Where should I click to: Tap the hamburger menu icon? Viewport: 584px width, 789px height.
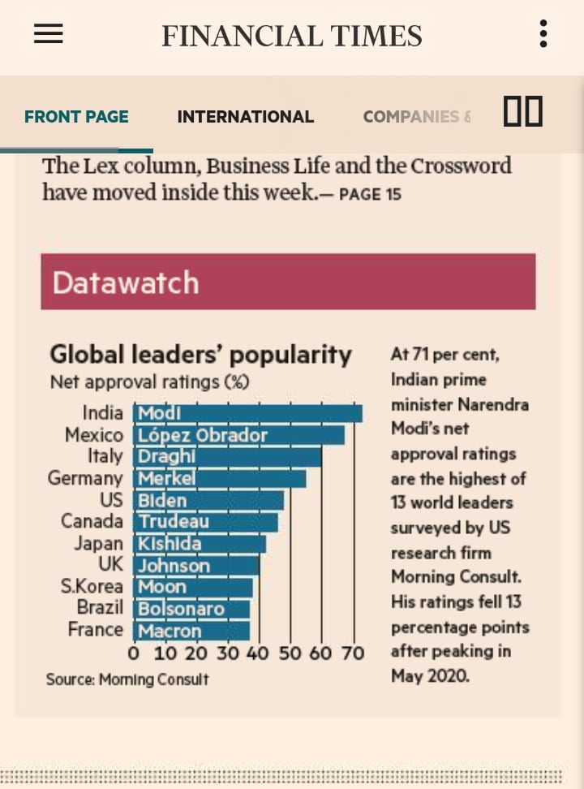[x=49, y=33]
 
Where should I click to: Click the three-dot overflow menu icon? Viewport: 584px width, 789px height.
[x=543, y=34]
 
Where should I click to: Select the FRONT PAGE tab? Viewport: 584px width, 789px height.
[x=76, y=117]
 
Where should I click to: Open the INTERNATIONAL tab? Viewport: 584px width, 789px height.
[x=245, y=117]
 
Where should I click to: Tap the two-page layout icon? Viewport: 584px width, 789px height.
[x=522, y=111]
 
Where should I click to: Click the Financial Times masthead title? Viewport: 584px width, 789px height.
[x=291, y=37]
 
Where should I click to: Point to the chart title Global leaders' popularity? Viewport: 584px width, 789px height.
[x=200, y=355]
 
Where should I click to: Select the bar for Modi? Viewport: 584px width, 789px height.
[x=247, y=413]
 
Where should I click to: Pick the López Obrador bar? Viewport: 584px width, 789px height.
[x=238, y=435]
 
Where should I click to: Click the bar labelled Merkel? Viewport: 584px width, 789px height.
[x=220, y=479]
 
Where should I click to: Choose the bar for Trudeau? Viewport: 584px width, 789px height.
[x=206, y=522]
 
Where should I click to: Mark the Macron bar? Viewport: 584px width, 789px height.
[x=191, y=631]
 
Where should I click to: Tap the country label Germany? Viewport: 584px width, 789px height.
[x=85, y=479]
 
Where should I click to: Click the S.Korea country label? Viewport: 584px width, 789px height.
[x=92, y=587]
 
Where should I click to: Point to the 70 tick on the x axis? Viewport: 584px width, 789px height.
[x=353, y=653]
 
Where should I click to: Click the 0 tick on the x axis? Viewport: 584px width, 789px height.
[x=134, y=653]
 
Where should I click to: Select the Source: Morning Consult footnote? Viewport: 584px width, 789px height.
[x=127, y=679]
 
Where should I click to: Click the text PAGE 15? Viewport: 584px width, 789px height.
[x=370, y=194]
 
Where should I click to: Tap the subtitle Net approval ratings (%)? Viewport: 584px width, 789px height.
[x=149, y=382]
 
